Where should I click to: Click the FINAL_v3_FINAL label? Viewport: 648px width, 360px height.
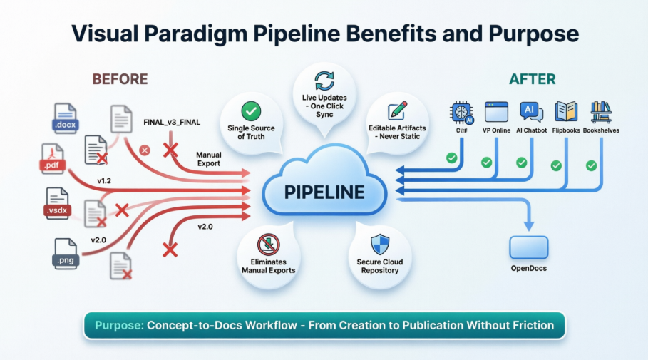pyautogui.click(x=171, y=123)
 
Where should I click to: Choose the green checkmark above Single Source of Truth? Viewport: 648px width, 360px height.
pyautogui.click(x=250, y=111)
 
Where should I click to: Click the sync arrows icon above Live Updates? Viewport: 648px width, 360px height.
pyautogui.click(x=324, y=79)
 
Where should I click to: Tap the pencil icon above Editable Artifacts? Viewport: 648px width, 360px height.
pyautogui.click(x=396, y=111)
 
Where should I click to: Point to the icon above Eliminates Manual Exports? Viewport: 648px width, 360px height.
pyautogui.click(x=268, y=243)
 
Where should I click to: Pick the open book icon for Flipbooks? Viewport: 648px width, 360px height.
pyautogui.click(x=566, y=112)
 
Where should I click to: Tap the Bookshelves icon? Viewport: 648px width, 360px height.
pyautogui.click(x=601, y=112)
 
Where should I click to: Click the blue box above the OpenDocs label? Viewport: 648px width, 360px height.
pyautogui.click(x=528, y=247)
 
